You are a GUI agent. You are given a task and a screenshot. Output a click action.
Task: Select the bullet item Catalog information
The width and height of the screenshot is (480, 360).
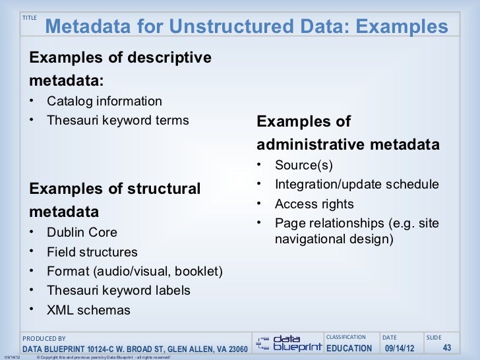pyautogui.click(x=104, y=102)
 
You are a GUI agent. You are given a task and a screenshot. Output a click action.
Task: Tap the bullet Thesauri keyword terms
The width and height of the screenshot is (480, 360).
pyautogui.click(x=117, y=121)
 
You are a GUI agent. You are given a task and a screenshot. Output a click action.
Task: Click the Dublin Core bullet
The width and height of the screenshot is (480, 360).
pyautogui.click(x=82, y=233)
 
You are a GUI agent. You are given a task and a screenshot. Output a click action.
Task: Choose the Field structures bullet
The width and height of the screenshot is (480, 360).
pyautogui.click(x=92, y=252)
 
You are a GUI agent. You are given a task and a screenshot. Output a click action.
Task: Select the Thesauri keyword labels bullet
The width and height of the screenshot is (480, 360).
pyautogui.click(x=119, y=291)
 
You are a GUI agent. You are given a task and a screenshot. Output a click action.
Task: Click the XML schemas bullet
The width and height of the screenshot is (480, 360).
pyautogui.click(x=88, y=311)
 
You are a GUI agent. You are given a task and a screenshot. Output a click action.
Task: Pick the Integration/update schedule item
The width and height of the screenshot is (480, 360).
pyautogui.click(x=356, y=185)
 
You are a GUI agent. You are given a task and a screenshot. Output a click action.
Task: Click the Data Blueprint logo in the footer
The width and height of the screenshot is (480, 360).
pyautogui.click(x=289, y=341)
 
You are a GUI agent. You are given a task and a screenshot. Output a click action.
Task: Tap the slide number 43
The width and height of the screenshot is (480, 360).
pyautogui.click(x=446, y=348)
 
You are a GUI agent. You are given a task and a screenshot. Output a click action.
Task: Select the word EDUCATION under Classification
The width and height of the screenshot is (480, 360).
pyautogui.click(x=349, y=348)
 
